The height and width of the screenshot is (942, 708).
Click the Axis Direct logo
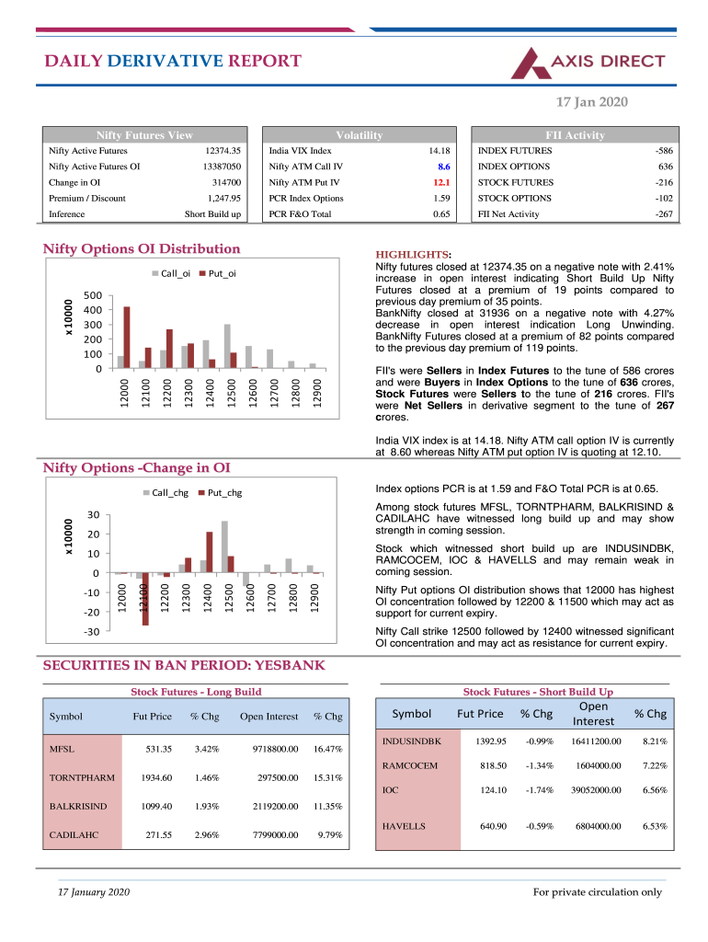point(588,63)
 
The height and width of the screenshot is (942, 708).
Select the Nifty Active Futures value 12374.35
point(223,151)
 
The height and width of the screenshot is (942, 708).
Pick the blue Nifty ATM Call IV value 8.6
point(443,167)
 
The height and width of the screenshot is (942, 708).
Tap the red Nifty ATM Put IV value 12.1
point(441,182)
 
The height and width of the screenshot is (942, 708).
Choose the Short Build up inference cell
point(212,214)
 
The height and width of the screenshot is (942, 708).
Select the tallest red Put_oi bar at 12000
point(127,337)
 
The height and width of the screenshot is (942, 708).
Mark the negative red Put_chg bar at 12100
point(145,599)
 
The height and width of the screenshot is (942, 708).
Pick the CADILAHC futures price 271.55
point(158,835)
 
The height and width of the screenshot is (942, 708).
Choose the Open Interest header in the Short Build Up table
point(588,714)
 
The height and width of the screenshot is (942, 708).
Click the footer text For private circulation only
point(598,891)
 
